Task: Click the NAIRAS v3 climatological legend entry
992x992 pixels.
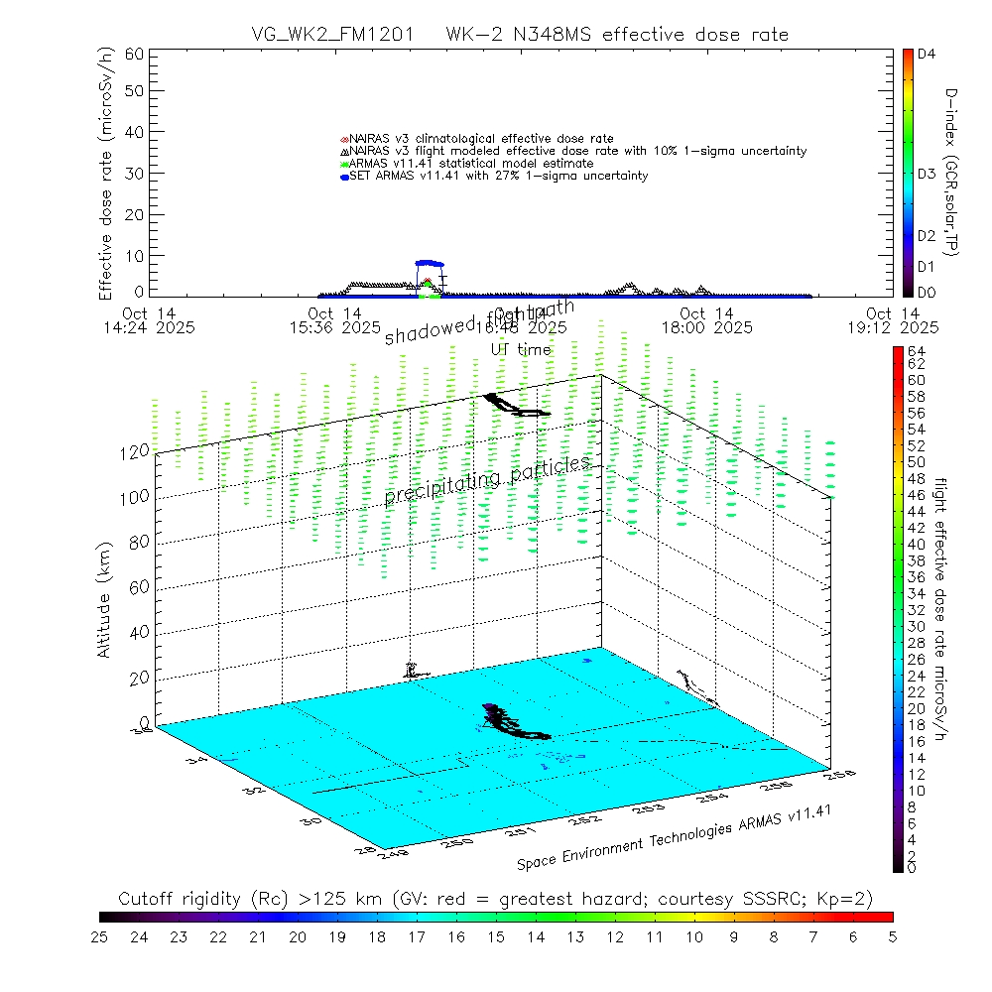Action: click(481, 138)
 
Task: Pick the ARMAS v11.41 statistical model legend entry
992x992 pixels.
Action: click(471, 163)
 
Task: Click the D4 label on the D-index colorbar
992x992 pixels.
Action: click(927, 56)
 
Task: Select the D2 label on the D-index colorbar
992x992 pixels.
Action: click(927, 236)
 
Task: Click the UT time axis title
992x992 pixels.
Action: click(521, 349)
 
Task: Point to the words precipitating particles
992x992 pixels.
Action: click(487, 481)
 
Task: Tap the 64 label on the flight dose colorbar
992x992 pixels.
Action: click(916, 351)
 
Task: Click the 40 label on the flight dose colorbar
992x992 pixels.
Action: click(916, 544)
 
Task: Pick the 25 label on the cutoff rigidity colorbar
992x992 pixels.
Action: click(100, 935)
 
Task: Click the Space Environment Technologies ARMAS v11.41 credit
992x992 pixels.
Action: click(674, 836)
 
